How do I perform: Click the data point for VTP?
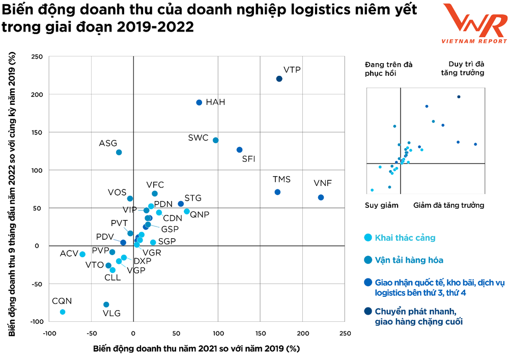tap(279, 79)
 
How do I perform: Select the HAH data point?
tap(199, 102)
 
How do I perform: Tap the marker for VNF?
tap(321, 198)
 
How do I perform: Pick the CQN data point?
tap(63, 312)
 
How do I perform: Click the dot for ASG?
tap(119, 152)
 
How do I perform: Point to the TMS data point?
tap(277, 192)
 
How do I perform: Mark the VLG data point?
tap(106, 304)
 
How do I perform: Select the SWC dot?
tap(215, 140)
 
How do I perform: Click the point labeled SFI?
tap(239, 150)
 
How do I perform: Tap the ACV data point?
tap(82, 254)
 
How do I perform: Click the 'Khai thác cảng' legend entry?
tap(405, 238)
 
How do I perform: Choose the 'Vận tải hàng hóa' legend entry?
tap(409, 260)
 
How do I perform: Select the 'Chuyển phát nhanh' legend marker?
tap(368, 311)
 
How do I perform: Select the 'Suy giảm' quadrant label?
tap(381, 205)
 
